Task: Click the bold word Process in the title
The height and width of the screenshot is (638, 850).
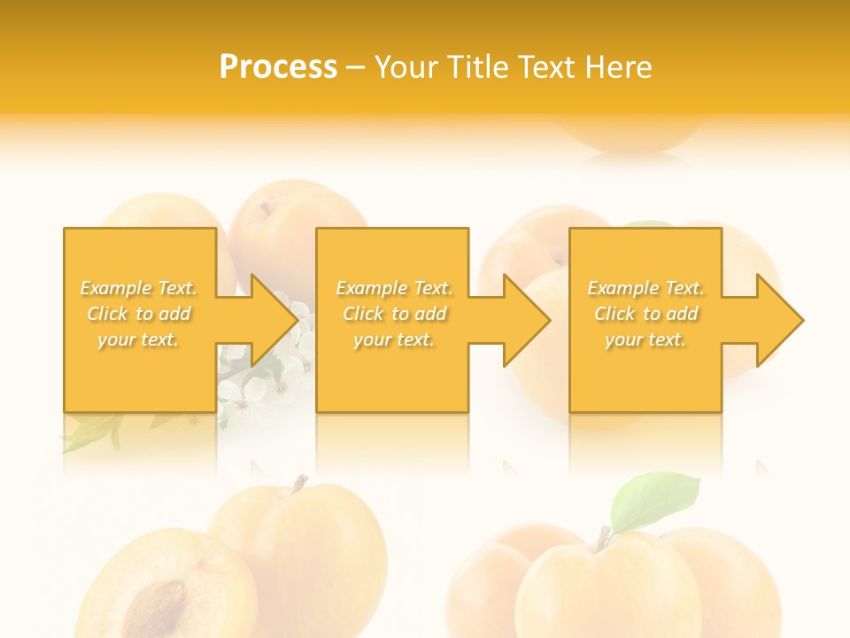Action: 278,67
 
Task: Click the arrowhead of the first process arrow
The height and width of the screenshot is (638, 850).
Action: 274,320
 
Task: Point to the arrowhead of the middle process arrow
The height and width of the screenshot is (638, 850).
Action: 527,320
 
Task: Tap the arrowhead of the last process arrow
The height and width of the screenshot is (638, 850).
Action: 780,320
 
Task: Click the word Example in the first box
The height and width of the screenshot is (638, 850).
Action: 116,288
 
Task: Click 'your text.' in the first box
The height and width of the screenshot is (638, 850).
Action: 138,339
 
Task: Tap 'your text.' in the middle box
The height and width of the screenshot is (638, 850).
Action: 394,339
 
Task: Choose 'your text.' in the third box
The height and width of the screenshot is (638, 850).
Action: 645,339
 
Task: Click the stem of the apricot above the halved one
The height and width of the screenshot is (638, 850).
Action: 300,485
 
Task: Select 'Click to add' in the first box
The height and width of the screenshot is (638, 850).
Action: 139,314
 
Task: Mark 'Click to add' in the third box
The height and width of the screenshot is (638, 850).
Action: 646,314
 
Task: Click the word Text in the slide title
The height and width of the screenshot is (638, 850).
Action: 544,67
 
